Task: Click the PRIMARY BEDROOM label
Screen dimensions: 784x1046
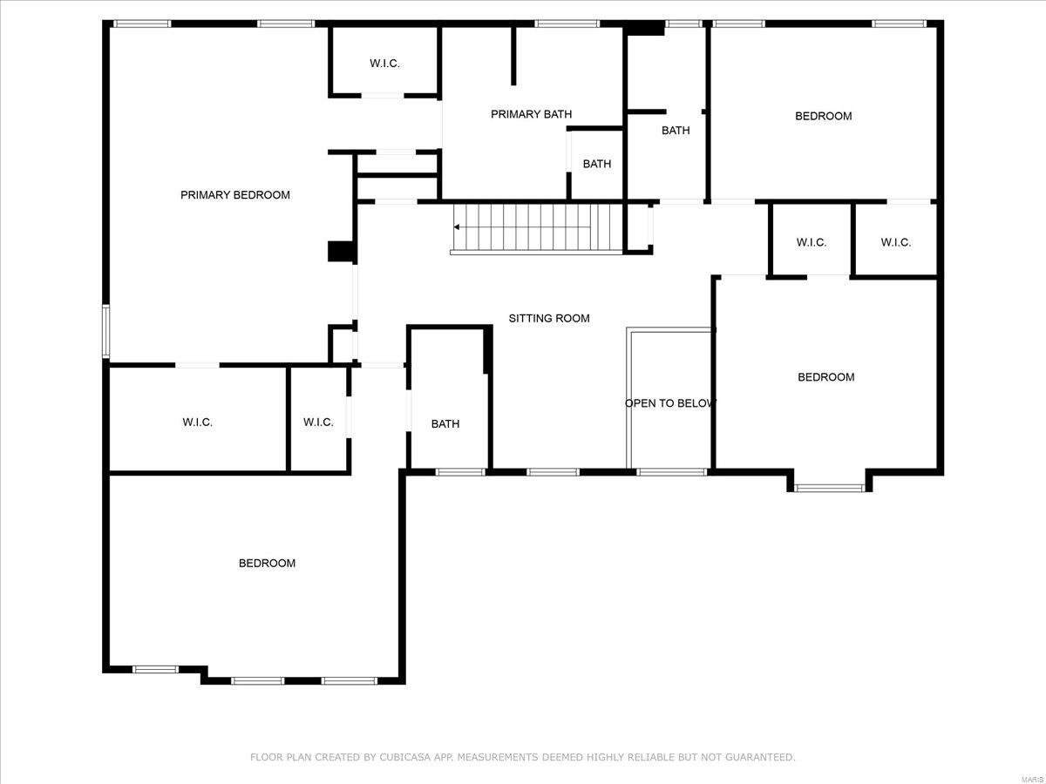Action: pos(234,195)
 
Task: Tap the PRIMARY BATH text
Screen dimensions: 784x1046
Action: pos(531,114)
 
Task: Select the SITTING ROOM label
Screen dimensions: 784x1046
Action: pos(549,319)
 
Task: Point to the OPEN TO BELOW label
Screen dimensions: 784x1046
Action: pos(670,403)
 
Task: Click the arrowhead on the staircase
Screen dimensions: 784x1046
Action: pos(457,227)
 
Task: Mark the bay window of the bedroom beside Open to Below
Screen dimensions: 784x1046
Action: pos(829,488)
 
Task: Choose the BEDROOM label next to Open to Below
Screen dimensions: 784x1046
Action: pos(825,377)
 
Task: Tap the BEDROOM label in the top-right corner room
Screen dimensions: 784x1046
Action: pos(823,116)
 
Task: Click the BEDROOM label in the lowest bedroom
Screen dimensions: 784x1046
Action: pos(267,564)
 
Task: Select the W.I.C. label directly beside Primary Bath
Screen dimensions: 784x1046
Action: pos(384,64)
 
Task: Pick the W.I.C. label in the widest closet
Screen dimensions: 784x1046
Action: pos(197,422)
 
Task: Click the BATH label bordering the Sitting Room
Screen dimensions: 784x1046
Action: pos(445,424)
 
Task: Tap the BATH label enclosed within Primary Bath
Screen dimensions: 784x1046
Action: pos(597,164)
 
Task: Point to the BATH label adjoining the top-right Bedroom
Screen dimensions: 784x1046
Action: pos(675,131)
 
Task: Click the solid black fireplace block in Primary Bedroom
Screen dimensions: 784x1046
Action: pos(338,252)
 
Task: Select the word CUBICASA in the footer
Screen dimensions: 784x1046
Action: pos(406,758)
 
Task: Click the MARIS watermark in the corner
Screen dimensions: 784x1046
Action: pos(1034,777)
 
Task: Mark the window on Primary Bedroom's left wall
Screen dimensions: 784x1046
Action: pos(105,331)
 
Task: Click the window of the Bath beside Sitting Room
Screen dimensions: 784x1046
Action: pos(459,472)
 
